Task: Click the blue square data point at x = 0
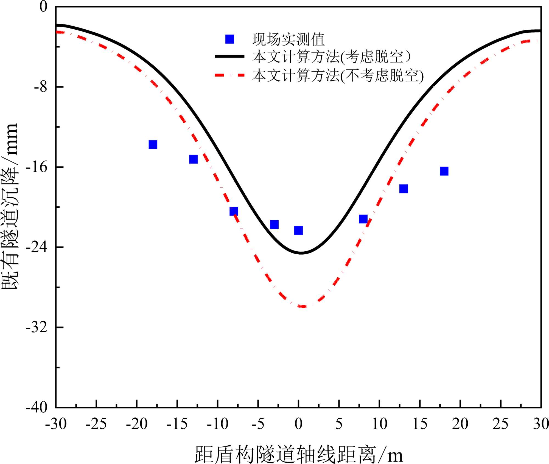(x=298, y=230)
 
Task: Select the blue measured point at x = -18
(x=153, y=145)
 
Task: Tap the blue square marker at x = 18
(x=444, y=171)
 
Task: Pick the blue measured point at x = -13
(x=193, y=159)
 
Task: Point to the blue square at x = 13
(x=404, y=189)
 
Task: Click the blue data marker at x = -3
(x=274, y=224)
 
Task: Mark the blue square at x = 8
(x=363, y=219)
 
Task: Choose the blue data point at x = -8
(x=234, y=211)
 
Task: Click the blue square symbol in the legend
(x=229, y=39)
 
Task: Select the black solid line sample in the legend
(x=229, y=56)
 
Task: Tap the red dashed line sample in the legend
(x=229, y=75)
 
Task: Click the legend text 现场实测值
(x=288, y=40)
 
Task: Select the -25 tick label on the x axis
(x=96, y=424)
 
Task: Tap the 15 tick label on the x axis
(x=420, y=424)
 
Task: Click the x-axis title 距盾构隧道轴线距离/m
(x=299, y=454)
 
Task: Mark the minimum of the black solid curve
(x=301, y=253)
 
